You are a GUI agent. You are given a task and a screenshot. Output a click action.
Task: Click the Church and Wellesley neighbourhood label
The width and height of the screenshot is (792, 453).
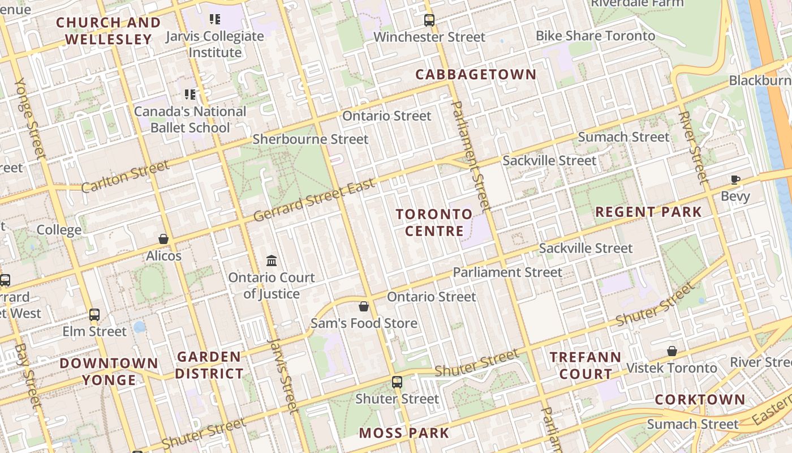pos(108,31)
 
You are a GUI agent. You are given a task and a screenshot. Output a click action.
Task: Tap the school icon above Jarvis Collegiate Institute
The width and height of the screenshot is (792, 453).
pos(214,20)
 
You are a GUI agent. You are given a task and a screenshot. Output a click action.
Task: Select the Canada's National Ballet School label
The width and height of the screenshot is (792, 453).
pos(190,119)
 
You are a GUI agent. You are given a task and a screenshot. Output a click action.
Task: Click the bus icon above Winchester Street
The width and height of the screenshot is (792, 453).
pos(429,20)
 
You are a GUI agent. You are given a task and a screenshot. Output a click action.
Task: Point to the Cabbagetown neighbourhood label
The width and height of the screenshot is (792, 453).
pos(476,74)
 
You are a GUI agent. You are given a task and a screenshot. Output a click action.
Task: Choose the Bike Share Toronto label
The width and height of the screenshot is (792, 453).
pos(595,36)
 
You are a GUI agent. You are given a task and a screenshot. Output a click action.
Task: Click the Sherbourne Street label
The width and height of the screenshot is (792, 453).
pos(310,139)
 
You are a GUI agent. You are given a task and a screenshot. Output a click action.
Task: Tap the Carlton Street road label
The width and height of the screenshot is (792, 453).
pos(125,176)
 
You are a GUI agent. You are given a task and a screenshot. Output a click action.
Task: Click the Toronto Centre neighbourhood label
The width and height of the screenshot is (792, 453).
pos(434,222)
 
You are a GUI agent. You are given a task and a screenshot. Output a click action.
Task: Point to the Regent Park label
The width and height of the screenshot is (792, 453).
pos(648,212)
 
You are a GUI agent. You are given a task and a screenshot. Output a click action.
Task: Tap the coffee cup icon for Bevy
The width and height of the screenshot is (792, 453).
pos(735,180)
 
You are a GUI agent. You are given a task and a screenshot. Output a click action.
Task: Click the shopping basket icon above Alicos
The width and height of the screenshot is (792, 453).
pos(163,239)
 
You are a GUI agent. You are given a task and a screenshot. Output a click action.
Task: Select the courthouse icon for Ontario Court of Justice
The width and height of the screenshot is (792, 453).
pos(272,261)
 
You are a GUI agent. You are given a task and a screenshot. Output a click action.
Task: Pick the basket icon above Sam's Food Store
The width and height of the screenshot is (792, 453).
pos(364,306)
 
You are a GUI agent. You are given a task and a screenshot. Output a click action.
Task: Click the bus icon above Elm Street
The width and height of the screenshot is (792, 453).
pos(94,314)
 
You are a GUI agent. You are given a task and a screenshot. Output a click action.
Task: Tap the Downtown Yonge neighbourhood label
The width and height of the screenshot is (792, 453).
pos(109,371)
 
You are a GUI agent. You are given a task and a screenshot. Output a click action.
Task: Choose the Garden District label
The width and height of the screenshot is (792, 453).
pos(209,365)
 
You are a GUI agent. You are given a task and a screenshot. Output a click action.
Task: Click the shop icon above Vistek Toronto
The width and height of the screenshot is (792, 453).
pos(672,351)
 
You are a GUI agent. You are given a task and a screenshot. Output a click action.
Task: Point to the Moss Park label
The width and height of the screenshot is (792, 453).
pos(404,433)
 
